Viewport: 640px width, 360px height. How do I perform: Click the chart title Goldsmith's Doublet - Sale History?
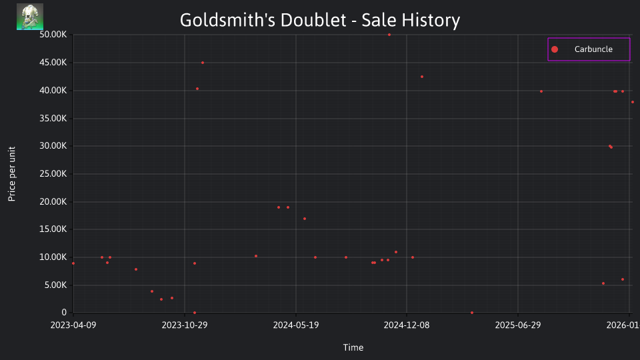(x=320, y=20)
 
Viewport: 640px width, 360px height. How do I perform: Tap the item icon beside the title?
(x=30, y=17)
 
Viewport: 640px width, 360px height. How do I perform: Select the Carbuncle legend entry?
(x=588, y=49)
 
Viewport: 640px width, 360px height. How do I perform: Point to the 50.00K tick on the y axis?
(x=53, y=34)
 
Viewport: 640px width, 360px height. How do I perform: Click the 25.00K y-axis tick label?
(x=53, y=174)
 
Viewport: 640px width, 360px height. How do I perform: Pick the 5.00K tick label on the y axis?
(x=55, y=285)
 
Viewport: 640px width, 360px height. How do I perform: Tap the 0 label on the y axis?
(x=64, y=313)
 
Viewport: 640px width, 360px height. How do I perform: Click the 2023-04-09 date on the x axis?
(x=73, y=325)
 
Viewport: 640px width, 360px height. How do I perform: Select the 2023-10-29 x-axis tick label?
(x=185, y=325)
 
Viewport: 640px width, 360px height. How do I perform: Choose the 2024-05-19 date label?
(x=296, y=325)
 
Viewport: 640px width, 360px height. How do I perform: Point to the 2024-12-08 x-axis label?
(x=407, y=325)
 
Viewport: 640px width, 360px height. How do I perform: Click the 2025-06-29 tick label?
(x=518, y=325)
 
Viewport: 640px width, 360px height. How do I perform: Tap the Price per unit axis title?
(x=12, y=174)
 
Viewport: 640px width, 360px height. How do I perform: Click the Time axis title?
(x=353, y=347)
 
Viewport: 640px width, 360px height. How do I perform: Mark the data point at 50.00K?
(x=389, y=35)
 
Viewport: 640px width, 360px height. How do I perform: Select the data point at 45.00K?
(x=203, y=63)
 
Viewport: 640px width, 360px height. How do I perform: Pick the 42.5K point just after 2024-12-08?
(x=422, y=77)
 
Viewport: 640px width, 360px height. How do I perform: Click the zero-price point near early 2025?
(x=472, y=313)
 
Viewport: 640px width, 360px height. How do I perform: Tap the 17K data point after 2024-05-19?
(x=305, y=219)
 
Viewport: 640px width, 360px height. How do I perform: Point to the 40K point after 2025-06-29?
(x=541, y=91)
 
